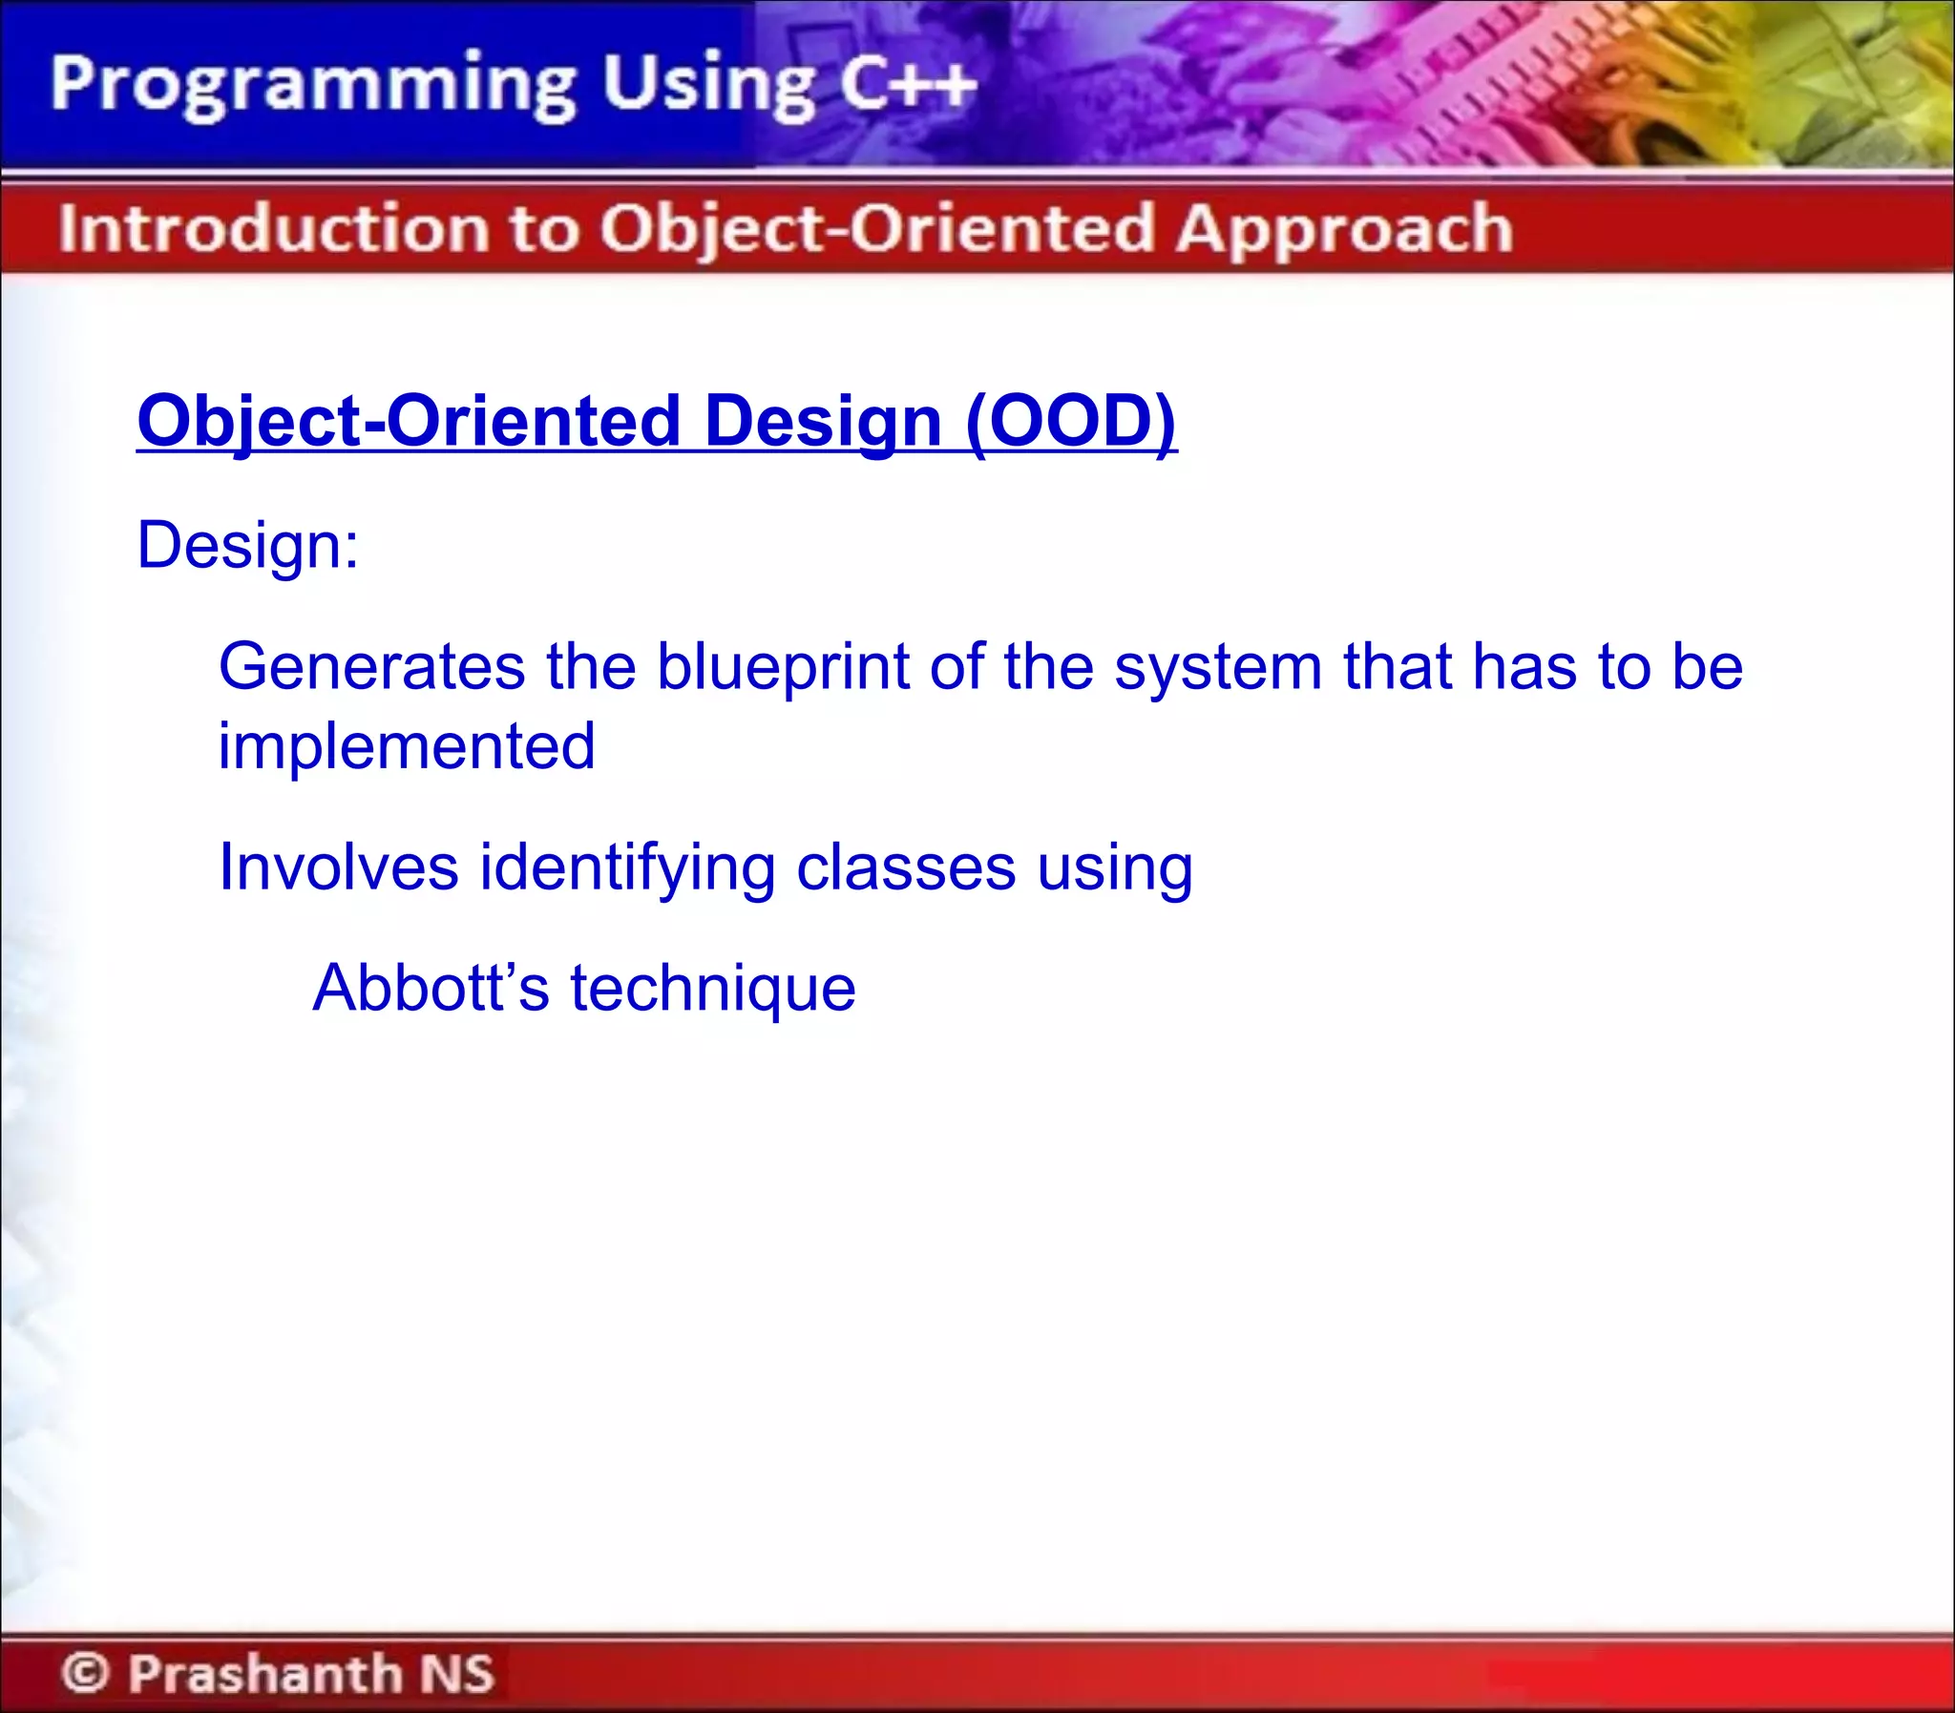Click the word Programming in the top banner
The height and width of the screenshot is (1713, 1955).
click(312, 87)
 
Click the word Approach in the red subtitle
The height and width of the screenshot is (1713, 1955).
click(1343, 230)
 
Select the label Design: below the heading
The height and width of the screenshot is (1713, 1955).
click(247, 546)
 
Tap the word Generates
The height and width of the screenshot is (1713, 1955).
click(371, 666)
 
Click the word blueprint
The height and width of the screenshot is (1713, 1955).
click(782, 666)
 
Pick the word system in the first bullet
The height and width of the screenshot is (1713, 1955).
click(1217, 668)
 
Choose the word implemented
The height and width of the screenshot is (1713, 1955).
click(407, 746)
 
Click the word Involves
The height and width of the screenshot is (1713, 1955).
click(339, 868)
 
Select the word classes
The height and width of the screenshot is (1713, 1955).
click(905, 868)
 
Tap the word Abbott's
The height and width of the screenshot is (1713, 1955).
click(431, 988)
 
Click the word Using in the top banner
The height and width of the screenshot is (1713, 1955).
click(706, 87)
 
